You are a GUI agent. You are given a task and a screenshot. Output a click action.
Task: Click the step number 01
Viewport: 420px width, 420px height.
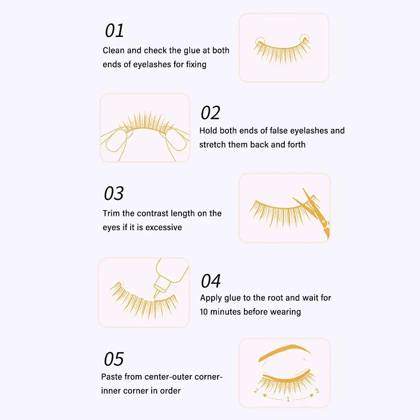point(114,31)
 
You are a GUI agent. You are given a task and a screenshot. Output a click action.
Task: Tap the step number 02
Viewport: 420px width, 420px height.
point(210,113)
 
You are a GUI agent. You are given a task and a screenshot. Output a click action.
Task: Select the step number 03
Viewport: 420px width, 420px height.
point(114,193)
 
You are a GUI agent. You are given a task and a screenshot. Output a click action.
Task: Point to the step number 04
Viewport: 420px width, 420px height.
point(211,281)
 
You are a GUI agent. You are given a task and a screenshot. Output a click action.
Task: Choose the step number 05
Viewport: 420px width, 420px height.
point(114,359)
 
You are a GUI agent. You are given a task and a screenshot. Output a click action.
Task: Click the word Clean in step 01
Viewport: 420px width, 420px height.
point(113,50)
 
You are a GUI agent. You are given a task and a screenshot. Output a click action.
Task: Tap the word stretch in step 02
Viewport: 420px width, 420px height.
point(213,144)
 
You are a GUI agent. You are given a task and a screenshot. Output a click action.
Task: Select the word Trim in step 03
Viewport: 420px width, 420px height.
point(111,213)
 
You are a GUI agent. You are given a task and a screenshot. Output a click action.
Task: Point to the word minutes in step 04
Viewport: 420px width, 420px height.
point(226,312)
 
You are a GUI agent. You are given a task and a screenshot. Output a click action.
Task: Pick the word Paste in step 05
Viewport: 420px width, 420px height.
point(111,377)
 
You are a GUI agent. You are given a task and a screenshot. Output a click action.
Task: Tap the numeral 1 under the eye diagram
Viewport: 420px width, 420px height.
point(288,399)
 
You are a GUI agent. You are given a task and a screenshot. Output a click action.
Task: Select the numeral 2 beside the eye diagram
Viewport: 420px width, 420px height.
point(256,391)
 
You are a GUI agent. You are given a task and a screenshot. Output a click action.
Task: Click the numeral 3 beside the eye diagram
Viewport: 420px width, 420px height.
point(317,391)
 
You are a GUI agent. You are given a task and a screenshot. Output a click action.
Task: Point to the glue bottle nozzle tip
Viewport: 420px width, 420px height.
point(155,297)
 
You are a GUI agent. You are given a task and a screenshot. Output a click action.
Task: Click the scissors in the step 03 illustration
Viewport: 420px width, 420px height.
point(313,212)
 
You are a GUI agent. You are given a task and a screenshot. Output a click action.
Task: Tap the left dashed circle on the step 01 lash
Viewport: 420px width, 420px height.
point(260,42)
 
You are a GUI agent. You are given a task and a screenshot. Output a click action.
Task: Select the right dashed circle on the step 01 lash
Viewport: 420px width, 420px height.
point(304,39)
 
